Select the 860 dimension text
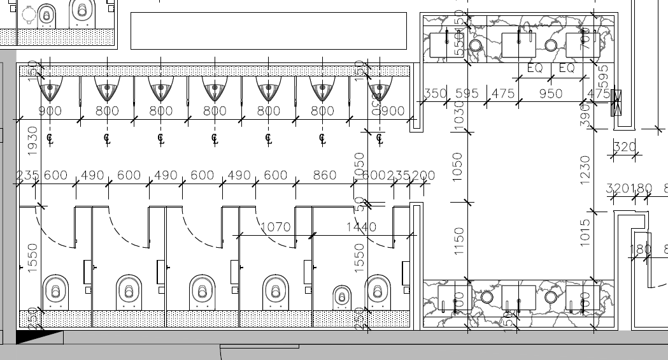tap(325, 175)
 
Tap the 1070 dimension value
tap(275, 227)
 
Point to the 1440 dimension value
tap(361, 227)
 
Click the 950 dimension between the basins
tap(551, 94)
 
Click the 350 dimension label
tap(436, 94)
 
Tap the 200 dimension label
tap(423, 175)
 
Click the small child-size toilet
tap(342, 296)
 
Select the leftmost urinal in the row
tap(50, 90)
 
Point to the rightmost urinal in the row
tap(380, 90)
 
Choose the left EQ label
tap(534, 68)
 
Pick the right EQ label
tap(567, 68)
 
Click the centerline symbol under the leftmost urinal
tap(50, 137)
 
